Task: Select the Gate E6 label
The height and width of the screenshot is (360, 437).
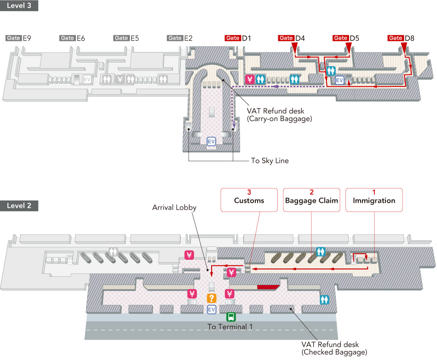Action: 72,38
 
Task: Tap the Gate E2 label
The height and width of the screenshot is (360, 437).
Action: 180,38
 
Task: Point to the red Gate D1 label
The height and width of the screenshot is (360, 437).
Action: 238,38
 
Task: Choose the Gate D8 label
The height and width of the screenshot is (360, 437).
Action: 401,38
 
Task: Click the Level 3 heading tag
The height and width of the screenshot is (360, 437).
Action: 19,6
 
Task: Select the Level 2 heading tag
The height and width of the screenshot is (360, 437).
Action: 19,206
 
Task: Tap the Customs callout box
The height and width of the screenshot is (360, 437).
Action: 249,200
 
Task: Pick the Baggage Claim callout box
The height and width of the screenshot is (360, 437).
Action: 311,200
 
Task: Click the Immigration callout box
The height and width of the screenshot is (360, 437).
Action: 374,200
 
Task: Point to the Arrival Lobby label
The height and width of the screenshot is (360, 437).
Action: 174,208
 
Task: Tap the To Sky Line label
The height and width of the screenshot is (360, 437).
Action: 270,160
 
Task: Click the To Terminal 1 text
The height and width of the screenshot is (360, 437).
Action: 230,327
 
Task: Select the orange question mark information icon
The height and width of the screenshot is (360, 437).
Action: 212,298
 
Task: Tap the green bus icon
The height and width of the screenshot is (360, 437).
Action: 230,317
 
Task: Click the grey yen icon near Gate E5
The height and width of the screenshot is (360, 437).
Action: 120,79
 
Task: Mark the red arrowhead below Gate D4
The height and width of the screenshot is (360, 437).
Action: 294,47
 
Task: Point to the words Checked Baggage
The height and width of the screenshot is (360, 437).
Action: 334,352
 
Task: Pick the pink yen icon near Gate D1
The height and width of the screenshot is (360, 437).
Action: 250,79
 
